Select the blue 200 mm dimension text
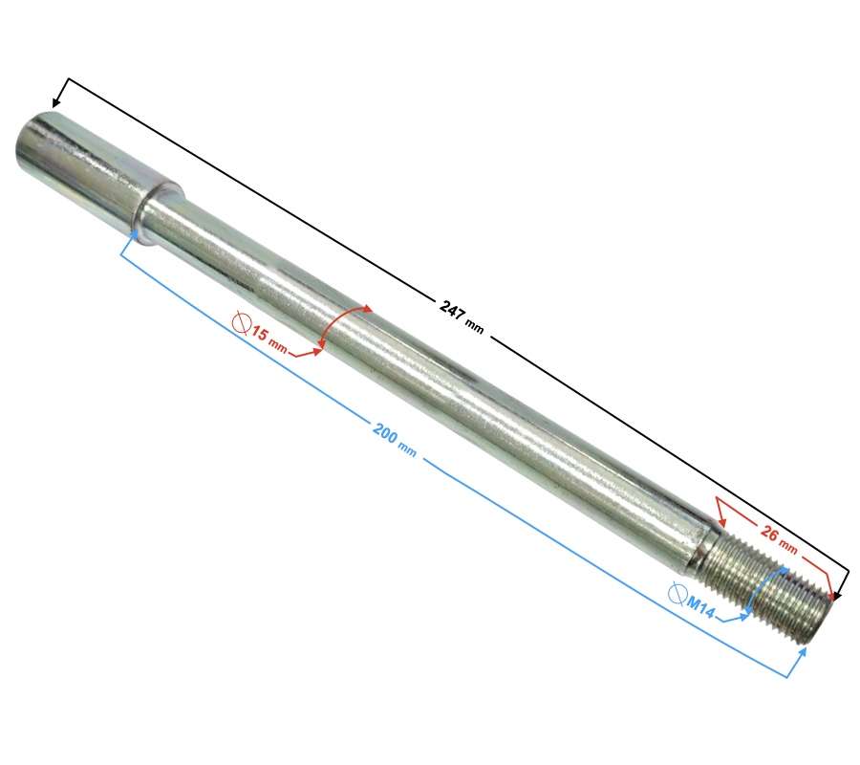(395, 440)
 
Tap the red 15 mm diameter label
(269, 340)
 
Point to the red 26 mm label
(779, 540)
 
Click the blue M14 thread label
(701, 606)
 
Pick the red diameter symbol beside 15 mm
(242, 322)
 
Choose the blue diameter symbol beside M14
(677, 593)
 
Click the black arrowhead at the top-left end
(56, 101)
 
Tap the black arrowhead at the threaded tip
(837, 596)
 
